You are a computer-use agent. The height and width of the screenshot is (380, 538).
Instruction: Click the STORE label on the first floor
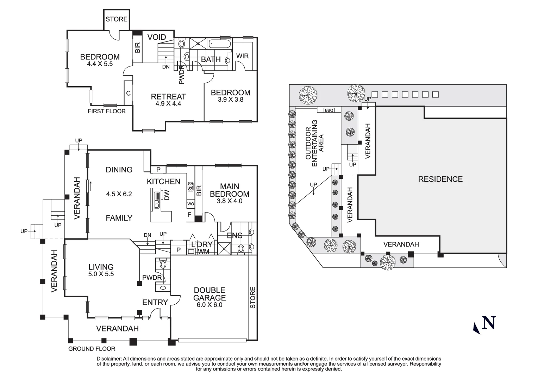coord(117,19)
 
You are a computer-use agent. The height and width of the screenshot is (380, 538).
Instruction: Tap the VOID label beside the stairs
coord(156,37)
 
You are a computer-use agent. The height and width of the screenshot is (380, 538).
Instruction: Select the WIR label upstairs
coord(242,56)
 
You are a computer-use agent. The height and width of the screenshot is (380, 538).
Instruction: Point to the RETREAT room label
coord(168,96)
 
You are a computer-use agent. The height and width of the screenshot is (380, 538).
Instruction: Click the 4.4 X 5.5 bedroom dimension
coord(100,64)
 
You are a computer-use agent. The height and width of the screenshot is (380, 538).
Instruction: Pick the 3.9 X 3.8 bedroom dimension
coord(231,100)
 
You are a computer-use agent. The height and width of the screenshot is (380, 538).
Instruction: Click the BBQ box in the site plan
coord(329,110)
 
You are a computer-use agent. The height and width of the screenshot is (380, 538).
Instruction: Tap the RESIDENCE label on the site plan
coord(440,179)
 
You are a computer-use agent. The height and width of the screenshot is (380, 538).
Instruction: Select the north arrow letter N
coord(489,323)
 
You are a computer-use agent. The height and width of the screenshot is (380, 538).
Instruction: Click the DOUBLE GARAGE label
coord(209,294)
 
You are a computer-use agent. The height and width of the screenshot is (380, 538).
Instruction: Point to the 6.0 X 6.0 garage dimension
coord(209,305)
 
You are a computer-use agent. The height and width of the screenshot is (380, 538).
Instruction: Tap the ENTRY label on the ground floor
coord(155,302)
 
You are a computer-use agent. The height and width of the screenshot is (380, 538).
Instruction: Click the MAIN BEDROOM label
coord(230,190)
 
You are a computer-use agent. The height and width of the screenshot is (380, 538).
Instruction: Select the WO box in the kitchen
coord(190,204)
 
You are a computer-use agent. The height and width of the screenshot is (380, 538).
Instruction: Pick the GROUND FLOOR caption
coord(92,349)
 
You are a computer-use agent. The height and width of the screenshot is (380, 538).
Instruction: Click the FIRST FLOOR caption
coord(107,111)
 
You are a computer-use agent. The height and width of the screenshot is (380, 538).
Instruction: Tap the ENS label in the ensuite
coord(234,235)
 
